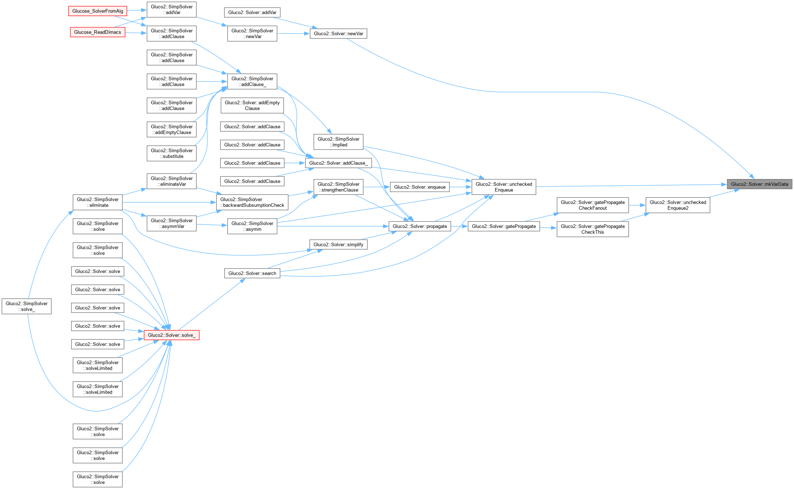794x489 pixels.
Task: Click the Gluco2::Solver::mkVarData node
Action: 759,184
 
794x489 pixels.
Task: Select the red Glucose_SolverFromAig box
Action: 97,11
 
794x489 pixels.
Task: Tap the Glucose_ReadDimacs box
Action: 97,32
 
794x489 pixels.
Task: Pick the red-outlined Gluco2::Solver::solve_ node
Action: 171,335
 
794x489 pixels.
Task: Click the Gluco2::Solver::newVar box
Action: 338,34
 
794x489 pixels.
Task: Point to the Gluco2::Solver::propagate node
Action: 419,227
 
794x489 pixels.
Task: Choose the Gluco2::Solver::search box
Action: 252,273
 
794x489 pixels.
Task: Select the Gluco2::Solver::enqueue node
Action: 419,187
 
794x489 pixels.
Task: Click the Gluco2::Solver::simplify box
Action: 338,244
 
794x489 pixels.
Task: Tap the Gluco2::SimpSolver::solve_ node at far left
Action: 27,306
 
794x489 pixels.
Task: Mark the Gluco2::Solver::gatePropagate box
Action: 504,227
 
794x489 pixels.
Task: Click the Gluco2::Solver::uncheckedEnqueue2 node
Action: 678,205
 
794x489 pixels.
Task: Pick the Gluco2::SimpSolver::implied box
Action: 338,142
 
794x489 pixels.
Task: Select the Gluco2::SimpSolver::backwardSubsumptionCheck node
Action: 252,202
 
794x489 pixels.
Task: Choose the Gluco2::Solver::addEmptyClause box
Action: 252,106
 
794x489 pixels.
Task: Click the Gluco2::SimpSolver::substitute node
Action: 171,154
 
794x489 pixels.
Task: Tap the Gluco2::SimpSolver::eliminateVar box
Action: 171,181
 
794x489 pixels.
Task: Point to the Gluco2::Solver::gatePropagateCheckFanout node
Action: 592,205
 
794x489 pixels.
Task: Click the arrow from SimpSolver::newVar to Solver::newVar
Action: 293,34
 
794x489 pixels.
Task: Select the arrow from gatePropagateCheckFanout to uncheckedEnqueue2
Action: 637,205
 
